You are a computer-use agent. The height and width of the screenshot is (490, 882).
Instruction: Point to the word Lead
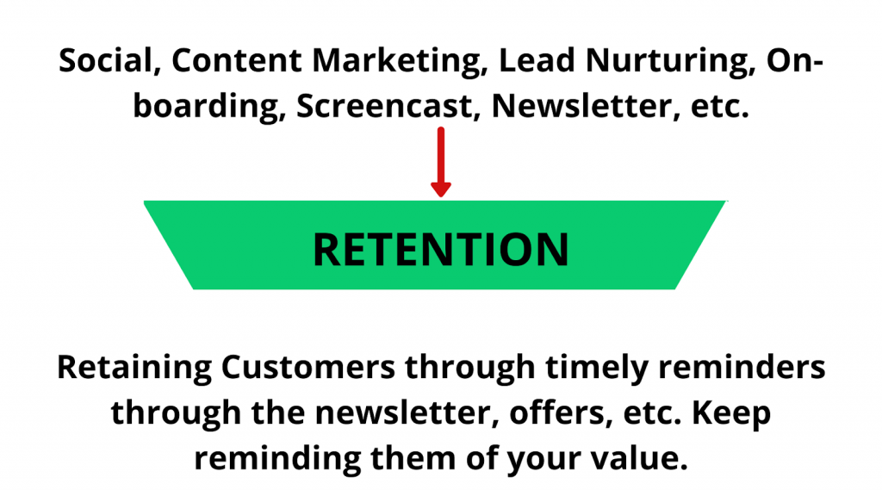[x=537, y=59]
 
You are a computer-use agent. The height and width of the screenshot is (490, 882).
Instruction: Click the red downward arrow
[x=441, y=162]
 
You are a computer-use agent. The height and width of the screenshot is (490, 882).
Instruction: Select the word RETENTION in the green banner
[x=441, y=249]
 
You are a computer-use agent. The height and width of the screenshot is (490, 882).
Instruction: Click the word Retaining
[x=134, y=369]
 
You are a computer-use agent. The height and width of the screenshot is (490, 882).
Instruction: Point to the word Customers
[x=308, y=368]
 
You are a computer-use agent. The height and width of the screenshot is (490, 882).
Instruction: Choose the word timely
[x=597, y=369]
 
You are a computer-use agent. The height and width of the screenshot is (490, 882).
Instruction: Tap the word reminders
[x=742, y=368]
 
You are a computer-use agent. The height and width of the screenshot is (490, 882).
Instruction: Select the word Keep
[x=731, y=414]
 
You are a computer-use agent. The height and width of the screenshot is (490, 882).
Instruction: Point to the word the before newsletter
[x=278, y=413]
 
